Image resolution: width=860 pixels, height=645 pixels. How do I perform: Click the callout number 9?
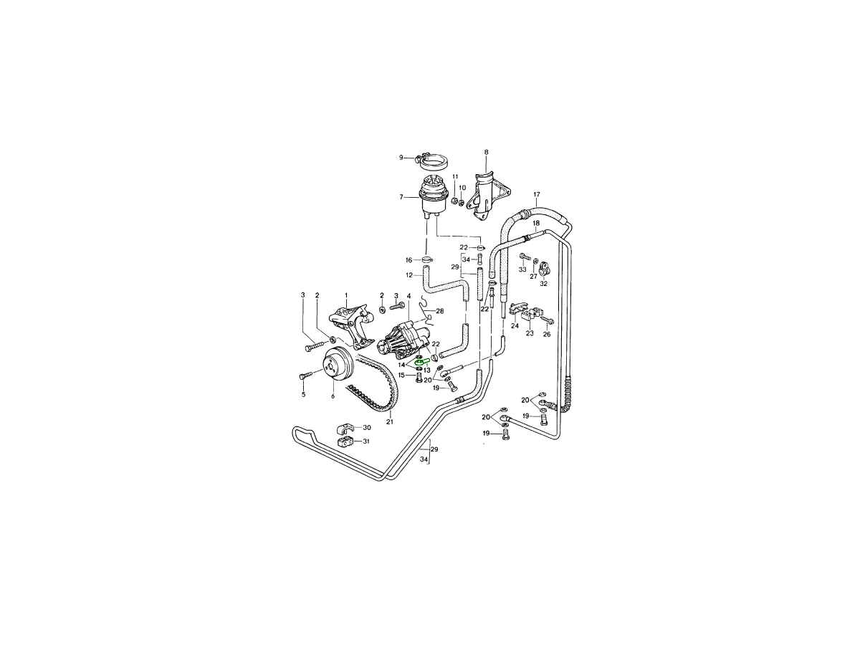pos(401,158)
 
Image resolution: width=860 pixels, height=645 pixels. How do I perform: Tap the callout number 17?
pos(536,194)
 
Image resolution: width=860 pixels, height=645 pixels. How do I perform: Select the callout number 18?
pos(536,223)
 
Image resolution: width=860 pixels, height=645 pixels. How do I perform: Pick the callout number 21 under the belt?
pos(389,422)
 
